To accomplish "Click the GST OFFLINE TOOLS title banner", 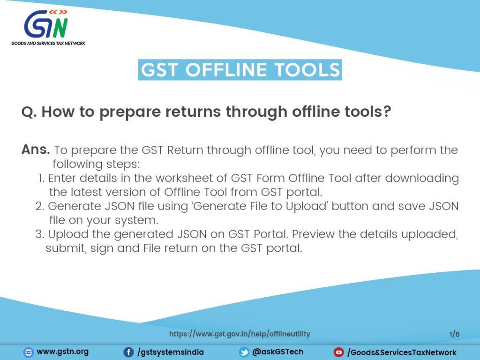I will pyautogui.click(x=240, y=69).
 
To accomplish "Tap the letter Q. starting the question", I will pyautogui.click(x=30, y=112).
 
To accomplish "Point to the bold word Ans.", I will pyautogui.click(x=36, y=150).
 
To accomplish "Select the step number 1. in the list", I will pyautogui.click(x=41, y=178).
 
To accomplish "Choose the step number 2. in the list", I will pyautogui.click(x=41, y=206).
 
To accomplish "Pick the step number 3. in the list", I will pyautogui.click(x=41, y=234).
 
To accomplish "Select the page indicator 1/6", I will pyautogui.click(x=454, y=334).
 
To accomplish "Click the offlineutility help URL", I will pyautogui.click(x=240, y=334).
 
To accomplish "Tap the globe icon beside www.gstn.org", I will pyautogui.click(x=29, y=352).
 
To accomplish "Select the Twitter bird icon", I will pyautogui.click(x=244, y=352).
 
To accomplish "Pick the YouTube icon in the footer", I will pyautogui.click(x=338, y=352).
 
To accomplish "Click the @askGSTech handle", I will pyautogui.click(x=277, y=352).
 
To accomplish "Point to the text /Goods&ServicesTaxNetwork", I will pyautogui.click(x=402, y=352).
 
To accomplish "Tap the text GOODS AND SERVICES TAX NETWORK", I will pyautogui.click(x=48, y=43).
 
